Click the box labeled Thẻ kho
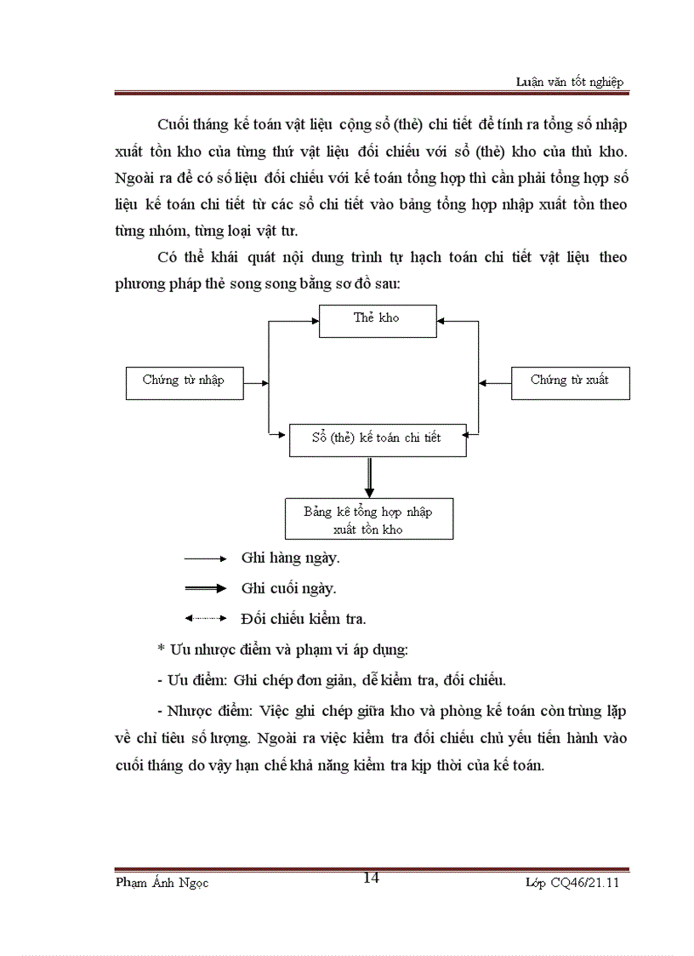(x=378, y=319)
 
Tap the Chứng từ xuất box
(x=570, y=381)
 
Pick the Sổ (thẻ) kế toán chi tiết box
(x=377, y=438)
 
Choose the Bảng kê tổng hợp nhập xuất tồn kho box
(x=368, y=519)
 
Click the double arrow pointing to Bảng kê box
(x=369, y=477)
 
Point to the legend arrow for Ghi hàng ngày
(x=204, y=558)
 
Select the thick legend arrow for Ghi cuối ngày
(x=204, y=588)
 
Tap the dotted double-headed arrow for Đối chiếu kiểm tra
(x=204, y=619)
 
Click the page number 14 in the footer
(x=371, y=879)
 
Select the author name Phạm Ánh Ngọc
(x=162, y=883)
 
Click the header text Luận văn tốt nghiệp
(x=570, y=81)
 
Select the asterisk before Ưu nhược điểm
(x=160, y=650)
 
